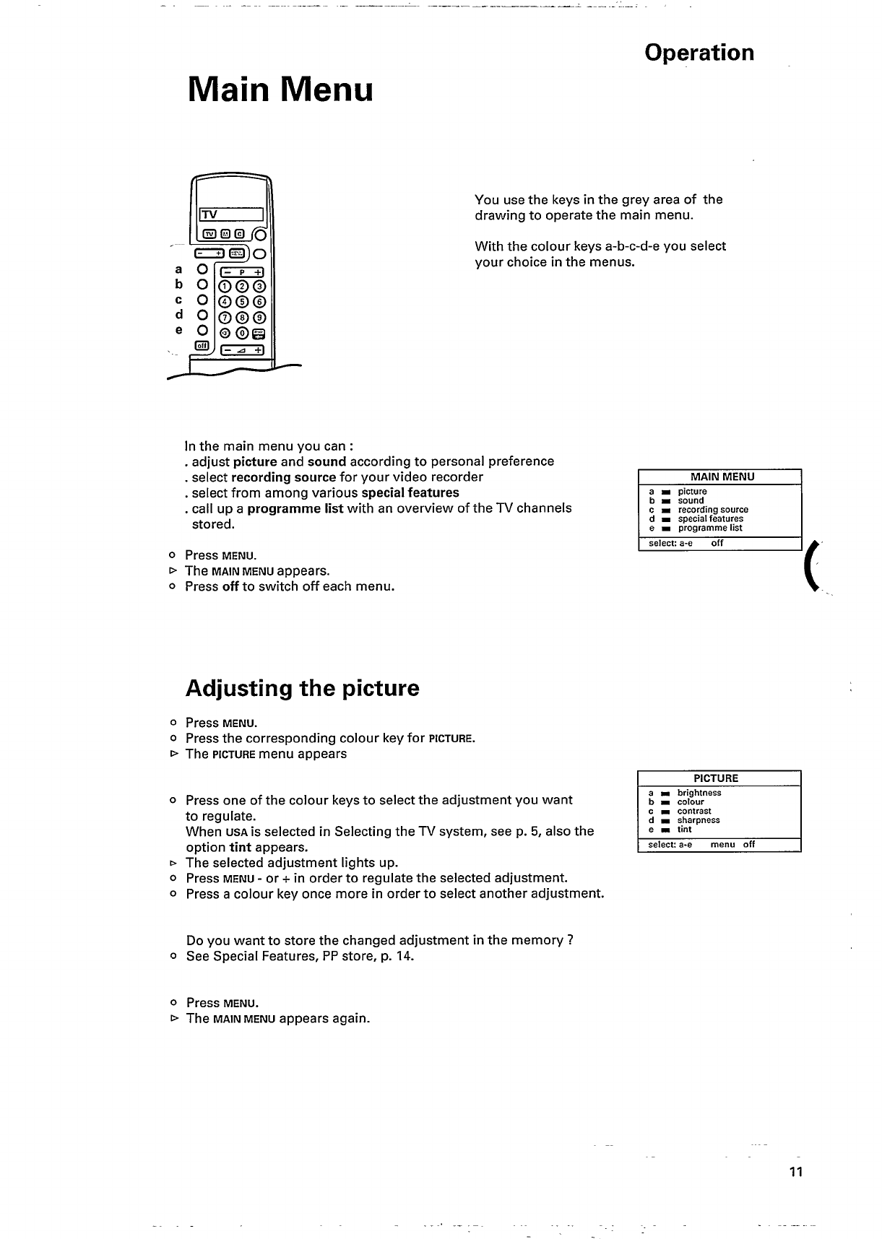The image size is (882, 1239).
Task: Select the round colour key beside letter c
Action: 203,299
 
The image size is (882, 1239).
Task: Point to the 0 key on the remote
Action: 242,333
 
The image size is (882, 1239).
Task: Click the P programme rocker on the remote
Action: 242,272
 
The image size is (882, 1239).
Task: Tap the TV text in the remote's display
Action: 209,214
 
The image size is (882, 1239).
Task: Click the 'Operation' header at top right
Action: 699,53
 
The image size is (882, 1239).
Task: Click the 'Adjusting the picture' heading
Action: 302,688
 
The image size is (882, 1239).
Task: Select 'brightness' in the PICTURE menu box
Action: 699,793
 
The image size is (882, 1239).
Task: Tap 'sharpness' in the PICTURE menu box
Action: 699,820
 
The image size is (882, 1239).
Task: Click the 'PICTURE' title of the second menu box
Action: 716,778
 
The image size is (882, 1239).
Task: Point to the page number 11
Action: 796,1172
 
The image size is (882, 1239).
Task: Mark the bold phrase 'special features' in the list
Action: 410,492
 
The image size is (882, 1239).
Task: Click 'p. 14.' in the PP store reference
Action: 397,956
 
